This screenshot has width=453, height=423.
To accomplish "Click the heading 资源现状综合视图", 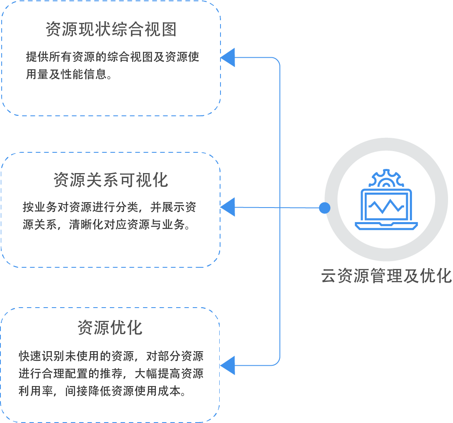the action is tap(111, 29).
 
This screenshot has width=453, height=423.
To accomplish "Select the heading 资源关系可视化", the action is tap(111, 180).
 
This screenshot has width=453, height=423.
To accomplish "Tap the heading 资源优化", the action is tap(110, 328).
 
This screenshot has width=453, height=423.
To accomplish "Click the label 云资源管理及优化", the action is tap(386, 276).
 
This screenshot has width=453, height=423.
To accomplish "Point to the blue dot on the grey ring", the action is tap(325, 208).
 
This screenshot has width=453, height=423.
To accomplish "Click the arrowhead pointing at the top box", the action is tap(228, 58).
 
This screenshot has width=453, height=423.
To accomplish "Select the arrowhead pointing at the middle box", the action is tap(228, 207).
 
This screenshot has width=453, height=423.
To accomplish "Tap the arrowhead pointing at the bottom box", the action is tap(228, 365).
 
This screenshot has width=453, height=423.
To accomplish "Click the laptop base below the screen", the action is tap(386, 226).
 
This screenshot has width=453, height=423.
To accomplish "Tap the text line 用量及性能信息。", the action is tap(69, 74).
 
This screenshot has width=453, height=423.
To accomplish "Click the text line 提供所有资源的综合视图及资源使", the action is tap(113, 57).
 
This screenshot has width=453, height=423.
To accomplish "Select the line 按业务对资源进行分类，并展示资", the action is tap(109, 207).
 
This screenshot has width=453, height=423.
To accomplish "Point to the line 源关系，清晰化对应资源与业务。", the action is tap(107, 225).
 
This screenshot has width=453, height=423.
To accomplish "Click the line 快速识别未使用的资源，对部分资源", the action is tap(111, 356).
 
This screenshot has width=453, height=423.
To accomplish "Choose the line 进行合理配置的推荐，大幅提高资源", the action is tap(111, 374).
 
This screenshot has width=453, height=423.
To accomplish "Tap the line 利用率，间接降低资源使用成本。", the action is tap(102, 391).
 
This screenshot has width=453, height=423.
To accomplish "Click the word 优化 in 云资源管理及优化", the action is tap(436, 276).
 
